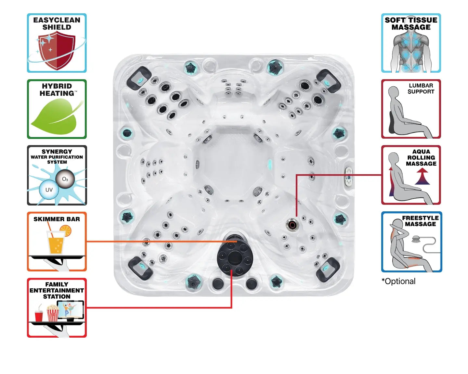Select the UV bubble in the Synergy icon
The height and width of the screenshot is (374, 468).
coord(49,190)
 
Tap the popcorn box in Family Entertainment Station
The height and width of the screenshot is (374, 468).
coord(53,314)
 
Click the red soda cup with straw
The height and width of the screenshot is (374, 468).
coord(39,315)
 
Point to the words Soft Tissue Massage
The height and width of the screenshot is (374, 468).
coord(411,24)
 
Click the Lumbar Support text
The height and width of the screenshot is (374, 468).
coord(421,89)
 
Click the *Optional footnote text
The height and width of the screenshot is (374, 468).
coord(398,281)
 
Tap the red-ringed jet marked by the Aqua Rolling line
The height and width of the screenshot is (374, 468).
coord(292,224)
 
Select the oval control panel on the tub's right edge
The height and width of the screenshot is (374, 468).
coord(349,177)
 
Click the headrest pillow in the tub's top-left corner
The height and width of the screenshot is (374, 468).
coord(139,78)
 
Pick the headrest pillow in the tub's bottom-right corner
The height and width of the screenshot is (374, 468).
coord(328,269)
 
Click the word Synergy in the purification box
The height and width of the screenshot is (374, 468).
coord(57,152)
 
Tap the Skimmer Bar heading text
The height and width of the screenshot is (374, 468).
coord(57,219)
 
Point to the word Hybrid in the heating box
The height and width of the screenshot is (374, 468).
coord(57,86)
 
